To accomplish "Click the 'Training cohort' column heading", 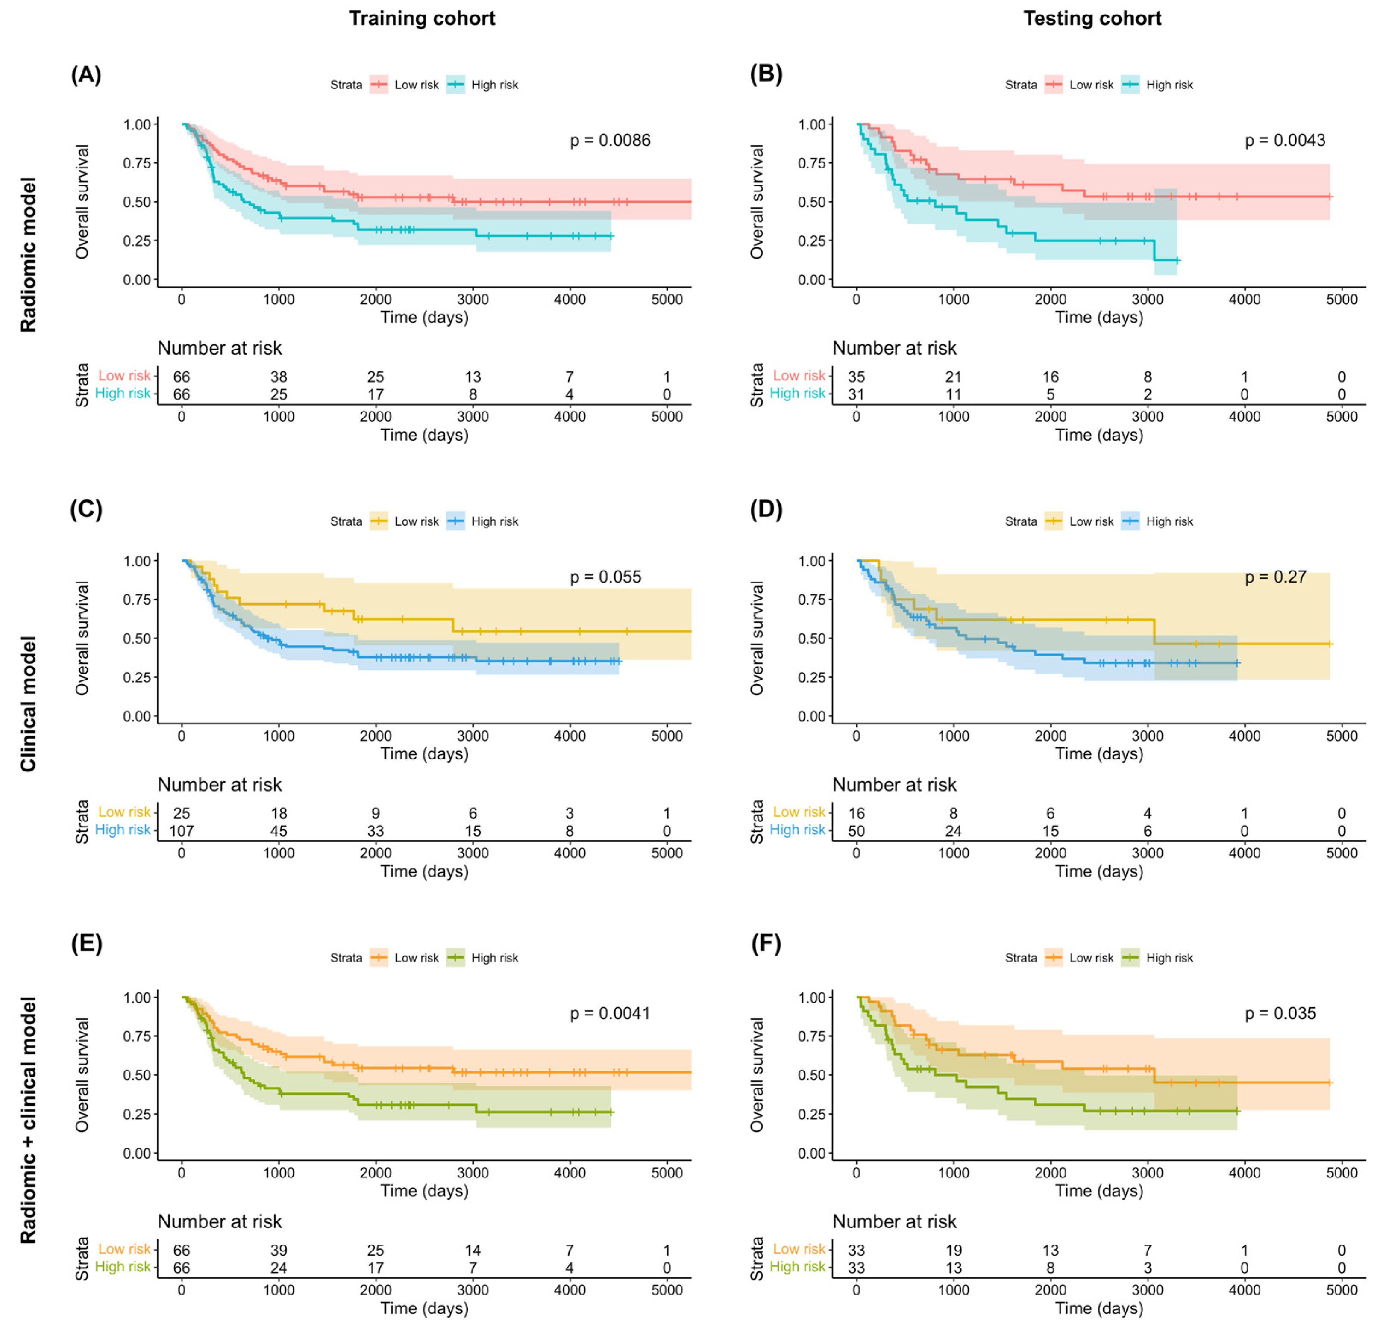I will point(422,18).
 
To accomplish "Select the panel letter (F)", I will point(766,944).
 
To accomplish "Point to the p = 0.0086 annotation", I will point(610,141).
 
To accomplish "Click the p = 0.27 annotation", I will point(1275,577).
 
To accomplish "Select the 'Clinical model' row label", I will point(28,703).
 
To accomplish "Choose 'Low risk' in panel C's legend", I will point(416,521).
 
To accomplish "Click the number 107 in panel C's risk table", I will point(181,830).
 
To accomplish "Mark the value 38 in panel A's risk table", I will point(279,377).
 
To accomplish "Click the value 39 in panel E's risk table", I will point(279,1250).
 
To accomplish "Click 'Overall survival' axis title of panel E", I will point(82,1075).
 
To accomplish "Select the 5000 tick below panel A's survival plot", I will point(666,299).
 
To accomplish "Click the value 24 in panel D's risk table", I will point(953,830).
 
